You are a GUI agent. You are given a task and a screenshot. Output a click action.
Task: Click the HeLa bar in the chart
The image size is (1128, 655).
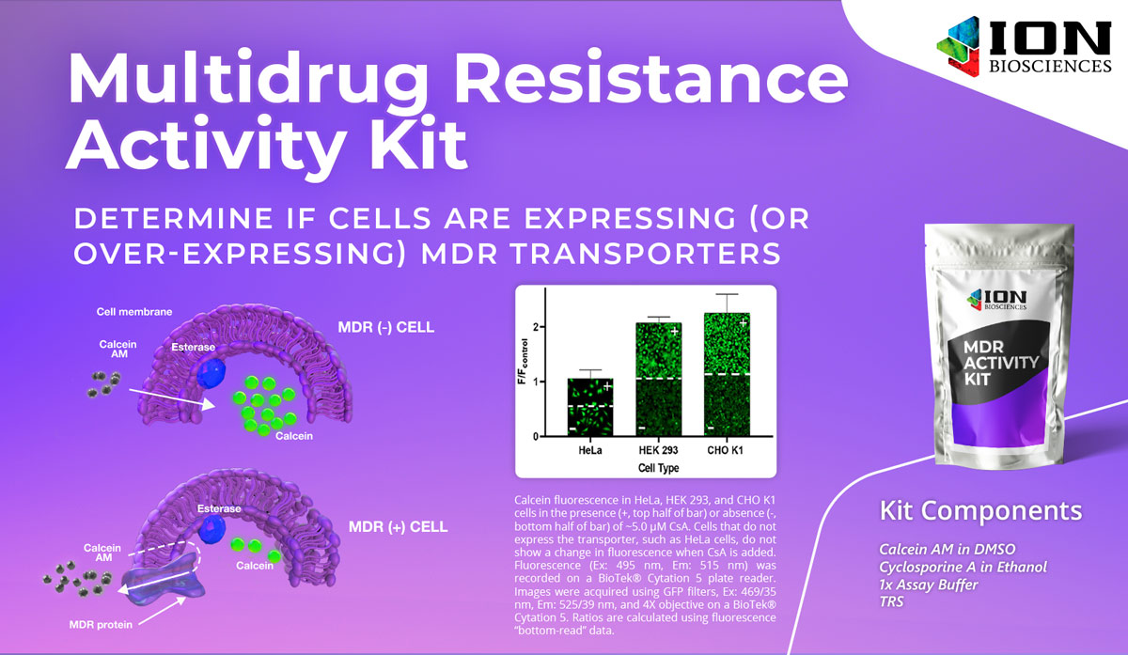pyautogui.click(x=590, y=407)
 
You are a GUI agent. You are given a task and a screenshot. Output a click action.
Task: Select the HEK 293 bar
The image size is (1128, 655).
pyautogui.click(x=659, y=379)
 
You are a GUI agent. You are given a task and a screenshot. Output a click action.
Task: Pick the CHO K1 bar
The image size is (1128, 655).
pyautogui.click(x=727, y=374)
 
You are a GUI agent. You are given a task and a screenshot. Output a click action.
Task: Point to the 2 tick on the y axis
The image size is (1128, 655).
pyautogui.click(x=536, y=327)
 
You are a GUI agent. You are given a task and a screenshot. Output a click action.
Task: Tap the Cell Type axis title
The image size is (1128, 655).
pyautogui.click(x=658, y=468)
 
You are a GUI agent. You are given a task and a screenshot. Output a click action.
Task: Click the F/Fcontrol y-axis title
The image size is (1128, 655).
pyautogui.click(x=524, y=362)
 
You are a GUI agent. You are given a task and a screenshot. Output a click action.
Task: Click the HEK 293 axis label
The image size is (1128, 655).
pyautogui.click(x=658, y=450)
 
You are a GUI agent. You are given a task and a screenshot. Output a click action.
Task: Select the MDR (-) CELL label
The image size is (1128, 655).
pyautogui.click(x=385, y=327)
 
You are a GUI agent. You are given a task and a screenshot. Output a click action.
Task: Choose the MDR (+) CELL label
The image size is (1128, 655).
pyautogui.click(x=398, y=526)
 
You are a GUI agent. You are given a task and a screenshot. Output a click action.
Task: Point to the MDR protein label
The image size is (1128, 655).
pyautogui.click(x=101, y=625)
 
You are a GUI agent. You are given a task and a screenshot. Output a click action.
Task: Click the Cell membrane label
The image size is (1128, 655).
pyautogui.click(x=134, y=312)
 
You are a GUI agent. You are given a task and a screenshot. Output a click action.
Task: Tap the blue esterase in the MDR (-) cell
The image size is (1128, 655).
pyautogui.click(x=211, y=372)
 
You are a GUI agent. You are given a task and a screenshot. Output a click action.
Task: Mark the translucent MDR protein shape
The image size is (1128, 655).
pyautogui.click(x=164, y=578)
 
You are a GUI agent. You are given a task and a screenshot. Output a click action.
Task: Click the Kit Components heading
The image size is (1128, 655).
pyautogui.click(x=980, y=510)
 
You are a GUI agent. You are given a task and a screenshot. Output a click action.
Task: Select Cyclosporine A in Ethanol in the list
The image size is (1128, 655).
pyautogui.click(x=963, y=567)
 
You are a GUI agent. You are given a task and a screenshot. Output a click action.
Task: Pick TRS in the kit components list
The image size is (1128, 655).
pyautogui.click(x=891, y=601)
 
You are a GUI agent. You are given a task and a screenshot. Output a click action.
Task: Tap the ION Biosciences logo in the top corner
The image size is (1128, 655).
pyautogui.click(x=1024, y=46)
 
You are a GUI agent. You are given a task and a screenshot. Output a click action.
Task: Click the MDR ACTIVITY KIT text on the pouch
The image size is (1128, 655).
pyautogui.click(x=1000, y=363)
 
